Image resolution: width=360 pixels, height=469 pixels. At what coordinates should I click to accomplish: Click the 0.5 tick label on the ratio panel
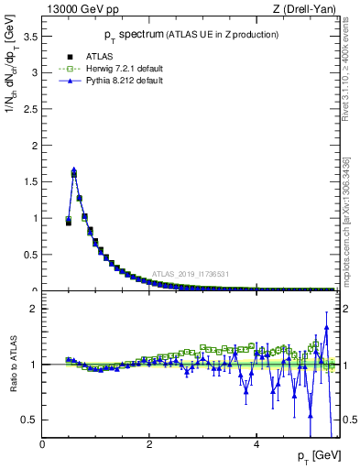30,420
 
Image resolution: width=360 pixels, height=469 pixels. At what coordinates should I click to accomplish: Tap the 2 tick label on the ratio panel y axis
35,309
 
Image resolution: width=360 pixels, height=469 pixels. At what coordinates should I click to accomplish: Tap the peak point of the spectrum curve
73,170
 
